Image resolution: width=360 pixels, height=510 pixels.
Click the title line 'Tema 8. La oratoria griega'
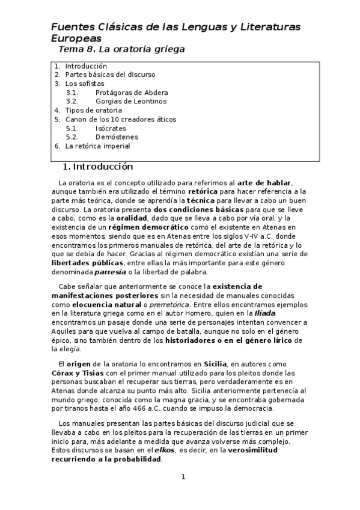pyautogui.click(x=121, y=49)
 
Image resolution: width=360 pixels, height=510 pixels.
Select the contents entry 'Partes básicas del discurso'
pyautogui.click(x=110, y=75)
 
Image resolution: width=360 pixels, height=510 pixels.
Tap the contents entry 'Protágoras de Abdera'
pyautogui.click(x=131, y=93)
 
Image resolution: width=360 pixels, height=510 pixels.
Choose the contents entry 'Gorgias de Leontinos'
pyautogui.click(x=130, y=102)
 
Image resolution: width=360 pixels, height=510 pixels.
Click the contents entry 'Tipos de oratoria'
pyautogui.click(x=93, y=111)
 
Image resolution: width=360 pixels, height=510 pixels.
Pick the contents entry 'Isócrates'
pyautogui.click(x=111, y=128)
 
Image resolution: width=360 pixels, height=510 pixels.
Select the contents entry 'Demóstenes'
pyautogui.click(x=115, y=137)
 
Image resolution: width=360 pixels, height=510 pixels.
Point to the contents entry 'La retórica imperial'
pyautogui.click(x=97, y=146)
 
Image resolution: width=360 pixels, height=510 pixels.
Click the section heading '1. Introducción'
pyautogui.click(x=98, y=167)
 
